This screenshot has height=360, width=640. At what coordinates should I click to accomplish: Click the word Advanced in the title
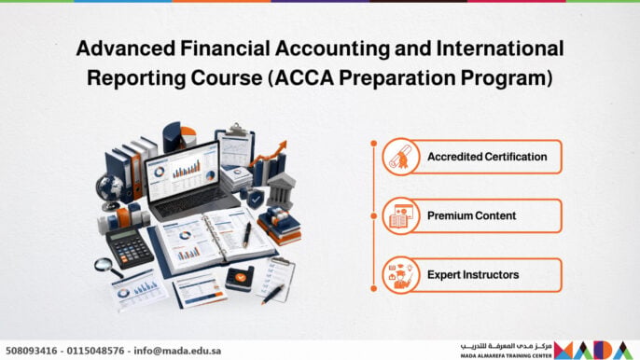[126, 48]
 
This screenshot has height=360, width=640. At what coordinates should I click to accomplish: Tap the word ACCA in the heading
[304, 77]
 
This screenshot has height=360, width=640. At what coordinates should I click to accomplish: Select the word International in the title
[500, 48]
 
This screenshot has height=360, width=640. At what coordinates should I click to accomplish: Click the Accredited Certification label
[487, 157]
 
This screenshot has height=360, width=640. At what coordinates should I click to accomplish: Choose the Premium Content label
[471, 215]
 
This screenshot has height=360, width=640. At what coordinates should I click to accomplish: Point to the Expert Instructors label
[473, 275]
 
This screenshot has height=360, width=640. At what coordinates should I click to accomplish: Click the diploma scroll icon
[400, 157]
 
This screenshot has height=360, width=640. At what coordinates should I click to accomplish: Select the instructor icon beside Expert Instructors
[400, 275]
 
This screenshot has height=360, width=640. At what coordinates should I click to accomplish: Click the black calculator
[130, 247]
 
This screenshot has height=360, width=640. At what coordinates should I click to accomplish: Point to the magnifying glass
[108, 268]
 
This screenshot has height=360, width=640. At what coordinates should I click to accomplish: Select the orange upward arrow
[270, 154]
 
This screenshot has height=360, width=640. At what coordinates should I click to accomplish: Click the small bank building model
[281, 192]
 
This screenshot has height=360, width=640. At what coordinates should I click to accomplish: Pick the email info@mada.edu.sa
[177, 351]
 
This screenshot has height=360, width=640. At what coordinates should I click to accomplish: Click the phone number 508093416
[32, 351]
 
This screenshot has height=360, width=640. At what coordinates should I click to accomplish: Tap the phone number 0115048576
[95, 351]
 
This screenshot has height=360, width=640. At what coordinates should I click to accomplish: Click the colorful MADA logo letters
[593, 350]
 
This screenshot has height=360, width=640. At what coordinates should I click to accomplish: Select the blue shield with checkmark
[256, 200]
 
